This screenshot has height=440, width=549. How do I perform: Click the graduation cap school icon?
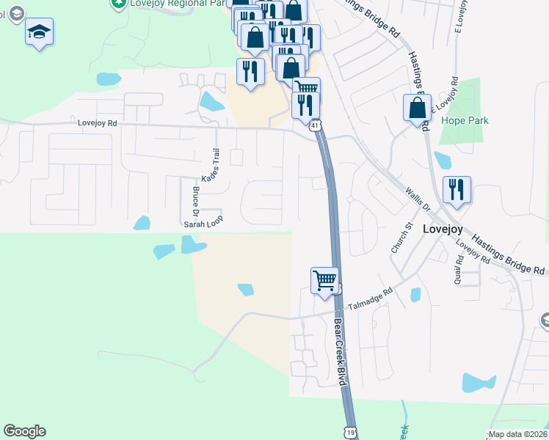click(40, 32)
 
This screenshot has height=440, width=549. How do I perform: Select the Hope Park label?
click(464, 120)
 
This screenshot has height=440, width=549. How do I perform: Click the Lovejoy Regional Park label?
click(164, 4)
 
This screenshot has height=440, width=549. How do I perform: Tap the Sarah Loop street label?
click(203, 219)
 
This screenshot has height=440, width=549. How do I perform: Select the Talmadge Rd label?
click(370, 298)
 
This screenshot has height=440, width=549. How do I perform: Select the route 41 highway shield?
click(314, 126)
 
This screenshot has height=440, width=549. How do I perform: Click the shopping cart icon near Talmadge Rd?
click(324, 281)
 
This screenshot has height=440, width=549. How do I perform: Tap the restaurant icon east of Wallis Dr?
click(457, 189)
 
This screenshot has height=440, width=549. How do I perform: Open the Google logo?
click(24, 431)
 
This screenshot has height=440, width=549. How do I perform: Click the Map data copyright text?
click(517, 434)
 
